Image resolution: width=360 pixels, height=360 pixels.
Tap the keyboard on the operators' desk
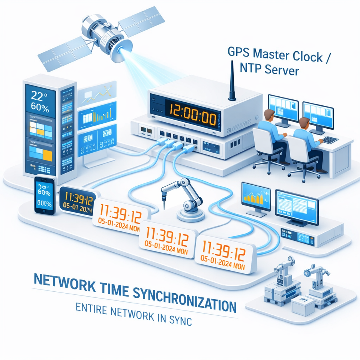coord(330,139)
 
